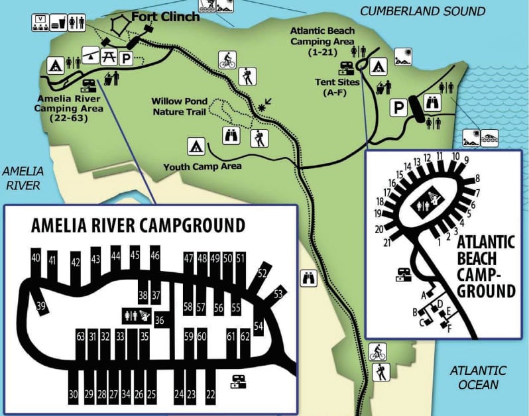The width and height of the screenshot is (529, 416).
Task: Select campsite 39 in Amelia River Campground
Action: (x=41, y=305)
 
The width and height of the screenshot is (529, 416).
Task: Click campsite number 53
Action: (x=278, y=293)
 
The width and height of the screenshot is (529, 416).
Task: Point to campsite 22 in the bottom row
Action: (x=211, y=395)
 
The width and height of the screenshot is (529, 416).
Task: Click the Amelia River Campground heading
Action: (x=138, y=226)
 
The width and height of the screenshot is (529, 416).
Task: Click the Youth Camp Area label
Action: (x=202, y=166)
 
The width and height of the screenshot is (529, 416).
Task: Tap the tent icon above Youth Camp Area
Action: (x=195, y=144)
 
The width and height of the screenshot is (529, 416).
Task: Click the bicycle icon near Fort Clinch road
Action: (x=227, y=60)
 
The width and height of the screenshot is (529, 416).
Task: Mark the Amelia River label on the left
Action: (x=21, y=177)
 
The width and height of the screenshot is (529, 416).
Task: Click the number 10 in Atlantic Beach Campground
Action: (x=455, y=156)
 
